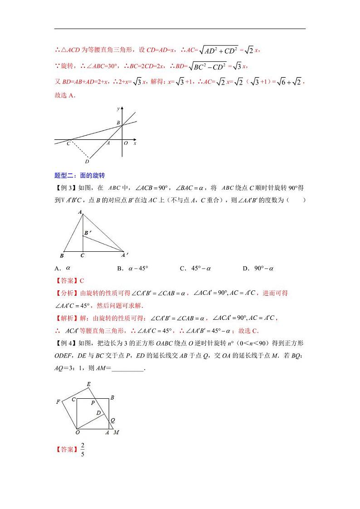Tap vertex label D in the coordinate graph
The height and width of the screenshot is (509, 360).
[x=87, y=161]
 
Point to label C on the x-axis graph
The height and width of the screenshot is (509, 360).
[x=68, y=143]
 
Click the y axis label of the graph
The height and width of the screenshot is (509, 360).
[x=118, y=109]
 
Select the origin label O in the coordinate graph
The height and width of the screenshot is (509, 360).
[x=126, y=143]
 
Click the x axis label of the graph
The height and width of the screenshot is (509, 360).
[x=135, y=143]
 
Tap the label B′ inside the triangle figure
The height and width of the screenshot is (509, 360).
[x=88, y=233]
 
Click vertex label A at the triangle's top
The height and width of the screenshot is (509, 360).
[x=80, y=212]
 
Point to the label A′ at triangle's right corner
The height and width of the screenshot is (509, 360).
[x=125, y=254]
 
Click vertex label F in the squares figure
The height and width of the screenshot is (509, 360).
[x=58, y=401]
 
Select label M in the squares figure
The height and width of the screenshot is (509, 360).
[x=117, y=432]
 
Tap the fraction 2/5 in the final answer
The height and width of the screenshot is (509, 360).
[x=83, y=449]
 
